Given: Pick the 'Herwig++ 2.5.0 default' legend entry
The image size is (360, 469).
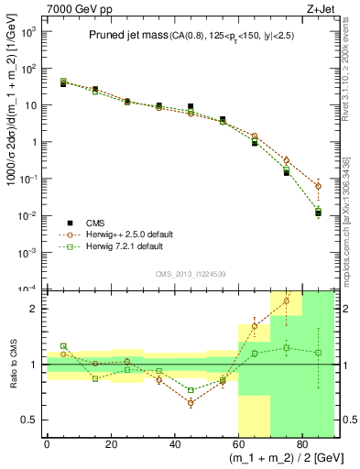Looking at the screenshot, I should (x=124, y=234).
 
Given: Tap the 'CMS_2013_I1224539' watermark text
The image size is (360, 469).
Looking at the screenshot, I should (x=190, y=272).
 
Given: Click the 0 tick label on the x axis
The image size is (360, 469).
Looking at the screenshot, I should (x=47, y=444).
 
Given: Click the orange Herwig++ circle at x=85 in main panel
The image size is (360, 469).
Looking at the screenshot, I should (x=318, y=186).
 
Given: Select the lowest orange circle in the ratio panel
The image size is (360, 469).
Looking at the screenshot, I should (x=191, y=403).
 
